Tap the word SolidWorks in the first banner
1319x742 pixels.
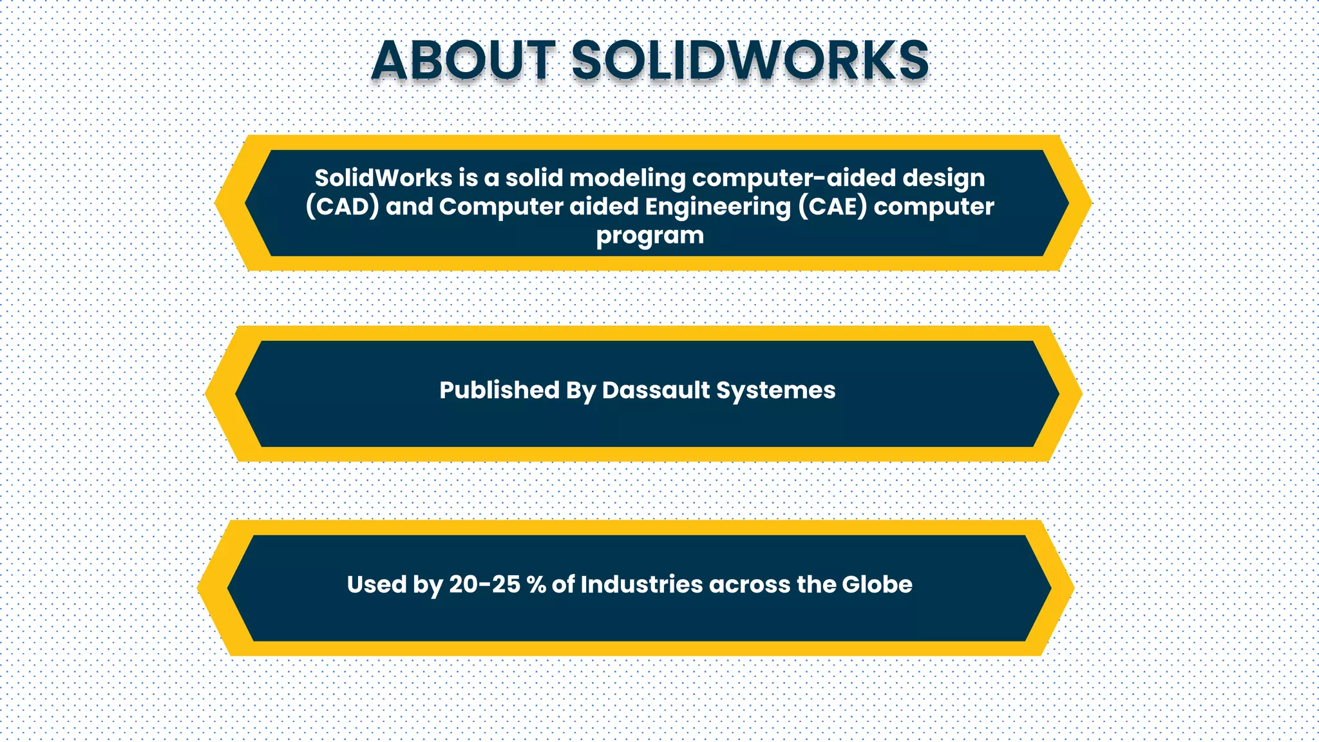[383, 178]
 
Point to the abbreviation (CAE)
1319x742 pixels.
[833, 207]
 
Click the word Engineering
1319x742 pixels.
[717, 207]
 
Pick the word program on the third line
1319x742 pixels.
[649, 236]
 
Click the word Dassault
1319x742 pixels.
[655, 390]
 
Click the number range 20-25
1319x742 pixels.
[484, 584]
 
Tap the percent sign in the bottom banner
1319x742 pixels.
[536, 584]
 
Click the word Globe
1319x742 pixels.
[877, 584]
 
